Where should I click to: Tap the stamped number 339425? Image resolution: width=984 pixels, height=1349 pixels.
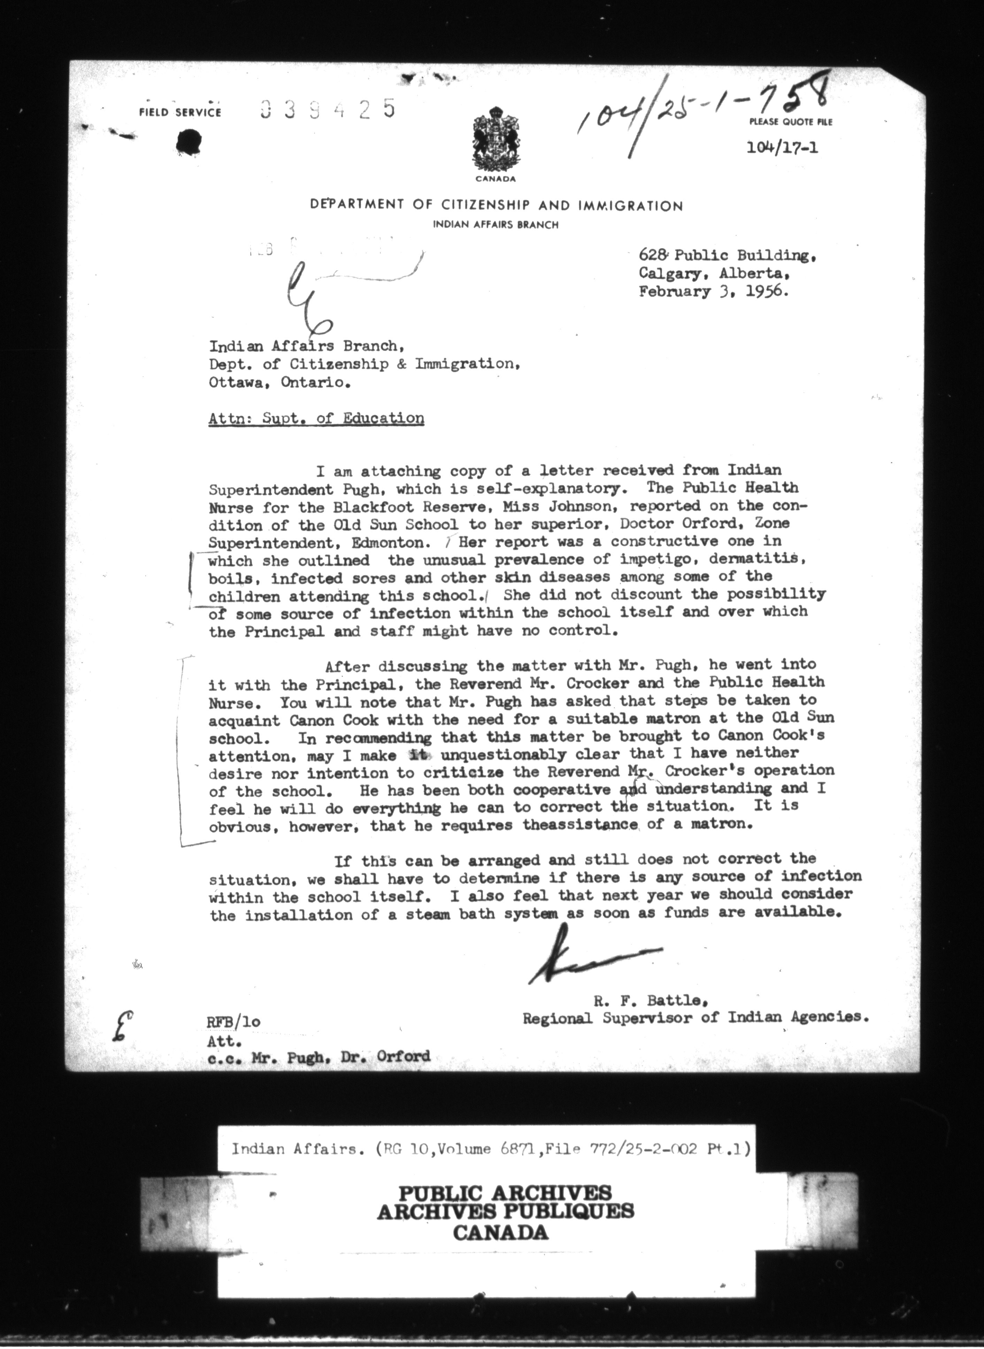point(328,109)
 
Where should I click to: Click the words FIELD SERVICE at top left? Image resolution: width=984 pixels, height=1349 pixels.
point(180,112)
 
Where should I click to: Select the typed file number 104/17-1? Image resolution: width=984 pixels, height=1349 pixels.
point(782,147)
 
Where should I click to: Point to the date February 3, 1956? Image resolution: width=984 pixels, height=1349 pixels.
point(714,292)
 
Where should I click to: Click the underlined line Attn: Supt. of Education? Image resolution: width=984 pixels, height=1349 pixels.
point(316,418)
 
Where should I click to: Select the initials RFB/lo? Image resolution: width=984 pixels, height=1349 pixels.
point(233,1022)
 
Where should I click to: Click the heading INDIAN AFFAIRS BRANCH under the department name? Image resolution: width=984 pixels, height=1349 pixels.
point(495,224)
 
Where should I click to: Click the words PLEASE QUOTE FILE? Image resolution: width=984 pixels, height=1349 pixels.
point(790,122)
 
